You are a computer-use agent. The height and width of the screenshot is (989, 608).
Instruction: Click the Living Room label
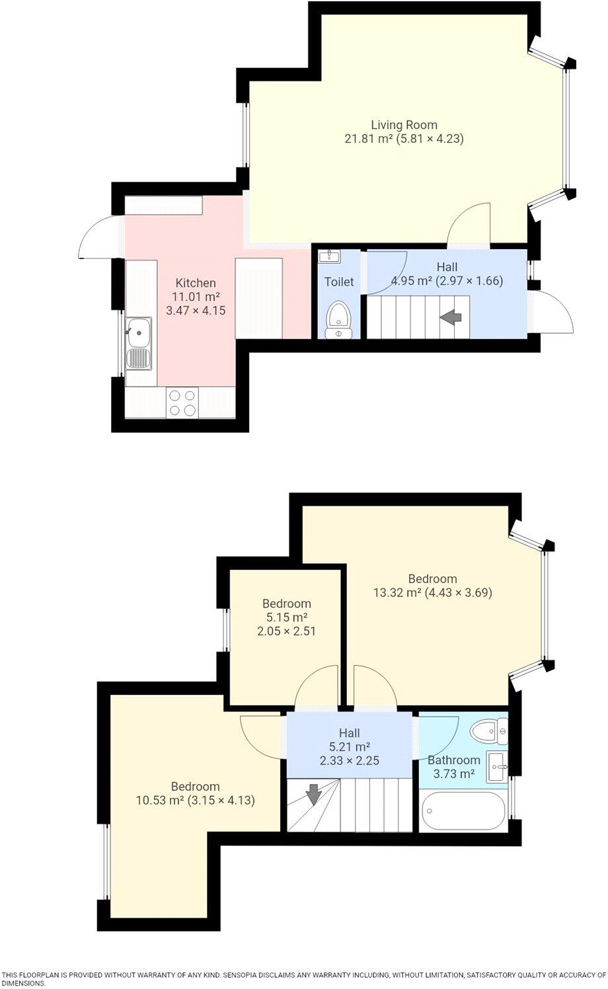[x=404, y=124]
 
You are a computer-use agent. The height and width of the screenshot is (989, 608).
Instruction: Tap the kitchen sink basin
[x=139, y=332]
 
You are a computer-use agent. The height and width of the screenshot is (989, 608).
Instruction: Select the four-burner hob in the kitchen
[x=182, y=402]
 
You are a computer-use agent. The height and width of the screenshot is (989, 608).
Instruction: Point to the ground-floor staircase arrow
[x=451, y=317]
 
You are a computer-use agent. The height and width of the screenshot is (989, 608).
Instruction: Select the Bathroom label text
[x=453, y=760]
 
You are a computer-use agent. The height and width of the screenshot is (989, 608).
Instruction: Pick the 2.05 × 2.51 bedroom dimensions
[x=286, y=631]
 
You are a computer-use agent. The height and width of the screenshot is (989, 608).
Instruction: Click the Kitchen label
[x=196, y=283]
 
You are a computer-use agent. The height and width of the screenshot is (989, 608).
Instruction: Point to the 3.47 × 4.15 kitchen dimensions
[x=196, y=311]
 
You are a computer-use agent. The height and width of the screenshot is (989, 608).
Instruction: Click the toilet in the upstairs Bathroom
[x=489, y=732]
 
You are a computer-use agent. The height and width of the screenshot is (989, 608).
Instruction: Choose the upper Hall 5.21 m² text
[x=350, y=746]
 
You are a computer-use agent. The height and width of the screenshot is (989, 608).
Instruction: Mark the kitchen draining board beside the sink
[x=139, y=358]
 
